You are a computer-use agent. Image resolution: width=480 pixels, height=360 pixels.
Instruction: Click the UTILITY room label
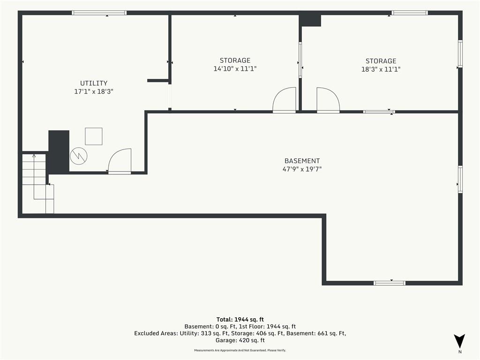[x=94, y=83]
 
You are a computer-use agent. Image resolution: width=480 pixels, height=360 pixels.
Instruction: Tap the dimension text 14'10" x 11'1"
[x=235, y=68]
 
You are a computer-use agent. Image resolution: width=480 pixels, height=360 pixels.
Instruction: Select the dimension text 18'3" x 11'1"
[x=381, y=69]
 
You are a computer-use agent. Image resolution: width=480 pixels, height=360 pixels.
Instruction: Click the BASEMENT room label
[x=302, y=161]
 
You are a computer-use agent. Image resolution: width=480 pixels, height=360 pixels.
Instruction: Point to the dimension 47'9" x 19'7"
[x=302, y=169]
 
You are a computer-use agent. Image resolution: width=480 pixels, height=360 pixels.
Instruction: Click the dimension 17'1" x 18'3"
[x=94, y=91]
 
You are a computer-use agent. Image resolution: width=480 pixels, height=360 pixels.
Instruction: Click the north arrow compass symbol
[x=459, y=341]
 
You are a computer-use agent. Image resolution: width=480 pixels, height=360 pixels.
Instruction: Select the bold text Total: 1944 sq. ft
[x=240, y=320]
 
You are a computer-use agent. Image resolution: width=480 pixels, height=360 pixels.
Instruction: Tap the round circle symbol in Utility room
[x=79, y=156]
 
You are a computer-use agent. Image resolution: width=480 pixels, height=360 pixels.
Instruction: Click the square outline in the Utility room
[x=94, y=136]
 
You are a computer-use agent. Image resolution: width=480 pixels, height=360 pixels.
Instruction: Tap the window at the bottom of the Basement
[x=390, y=283]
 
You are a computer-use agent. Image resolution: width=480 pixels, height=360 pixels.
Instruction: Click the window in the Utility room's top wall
[x=99, y=13]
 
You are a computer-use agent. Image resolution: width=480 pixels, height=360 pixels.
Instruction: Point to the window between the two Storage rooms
[x=300, y=60]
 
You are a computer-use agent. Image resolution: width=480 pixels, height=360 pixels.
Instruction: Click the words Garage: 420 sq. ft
[x=240, y=340]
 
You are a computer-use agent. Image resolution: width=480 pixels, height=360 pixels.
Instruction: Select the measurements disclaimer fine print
[x=240, y=350]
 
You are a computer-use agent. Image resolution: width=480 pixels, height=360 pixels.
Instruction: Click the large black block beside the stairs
[x=59, y=151]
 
